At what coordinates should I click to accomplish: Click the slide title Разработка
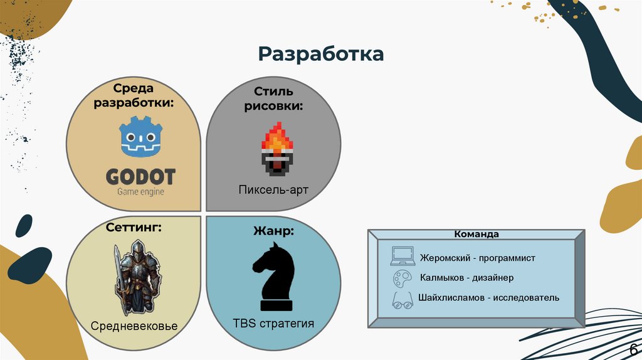[x=320, y=54]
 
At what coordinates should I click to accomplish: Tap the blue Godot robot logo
[x=141, y=138]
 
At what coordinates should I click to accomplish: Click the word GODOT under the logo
[x=140, y=176]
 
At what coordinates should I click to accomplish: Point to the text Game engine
[x=140, y=191]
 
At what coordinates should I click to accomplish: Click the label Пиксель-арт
[x=273, y=189]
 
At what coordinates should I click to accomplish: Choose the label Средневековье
[x=134, y=326]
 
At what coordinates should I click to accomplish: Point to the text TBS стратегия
[x=273, y=324]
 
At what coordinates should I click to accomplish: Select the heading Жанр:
[x=273, y=231]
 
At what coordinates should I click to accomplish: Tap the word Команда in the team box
[x=477, y=234]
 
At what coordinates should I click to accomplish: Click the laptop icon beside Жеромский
[x=402, y=255]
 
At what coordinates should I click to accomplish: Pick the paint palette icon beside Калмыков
[x=401, y=278]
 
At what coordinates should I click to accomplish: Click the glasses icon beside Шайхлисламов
[x=402, y=300]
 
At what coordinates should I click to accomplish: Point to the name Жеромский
[x=447, y=257]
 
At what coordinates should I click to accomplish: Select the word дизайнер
[x=493, y=278]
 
